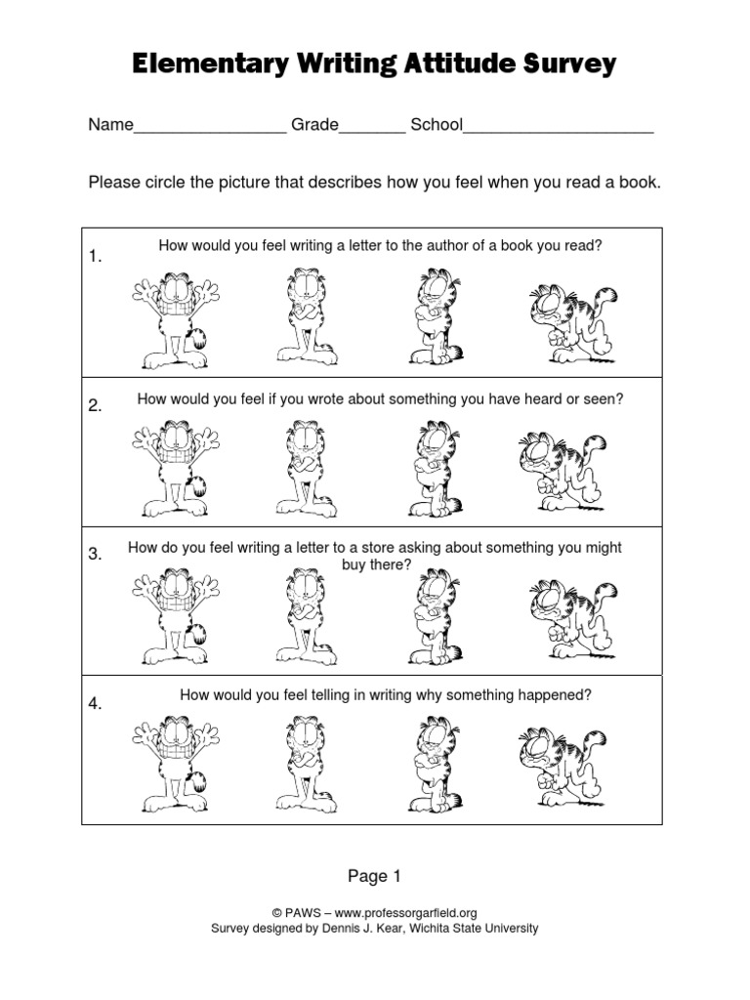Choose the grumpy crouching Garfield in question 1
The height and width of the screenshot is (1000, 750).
point(572,322)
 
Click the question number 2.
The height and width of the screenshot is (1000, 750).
point(96,406)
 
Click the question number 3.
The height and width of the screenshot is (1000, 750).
point(96,555)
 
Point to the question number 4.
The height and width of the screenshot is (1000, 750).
point(96,704)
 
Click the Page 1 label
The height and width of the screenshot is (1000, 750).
point(375,876)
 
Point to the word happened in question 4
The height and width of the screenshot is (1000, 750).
point(557,695)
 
